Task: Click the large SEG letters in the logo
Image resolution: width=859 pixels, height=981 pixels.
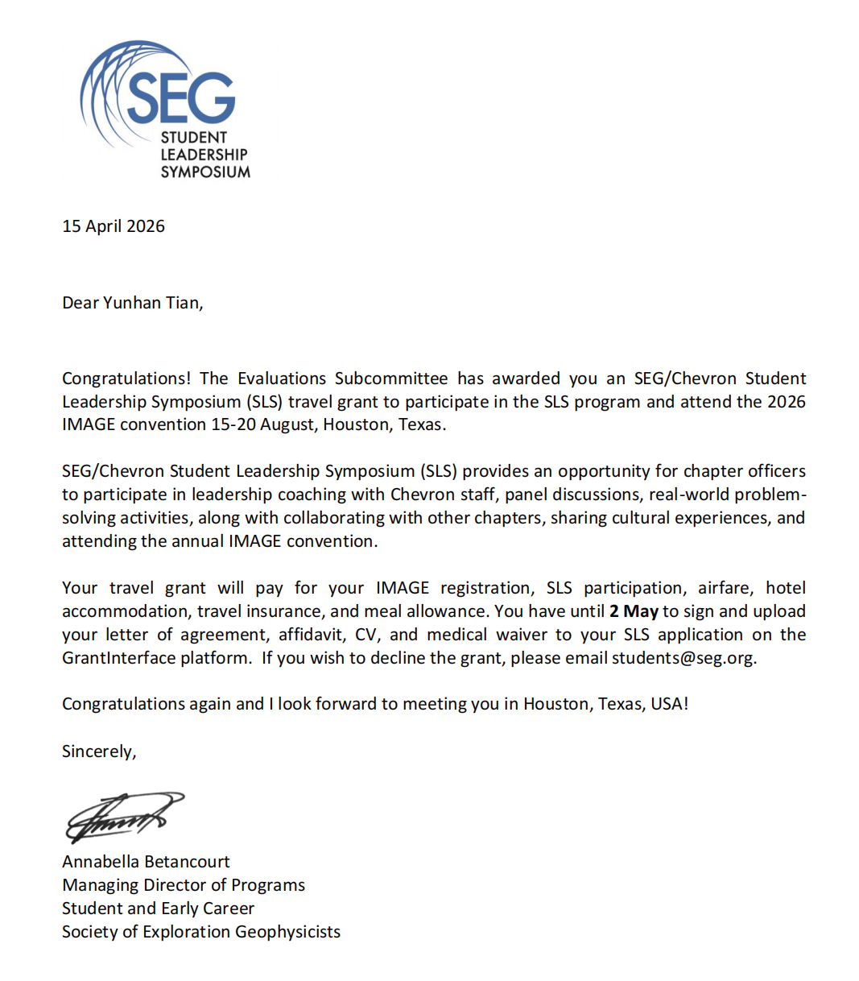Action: click(181, 97)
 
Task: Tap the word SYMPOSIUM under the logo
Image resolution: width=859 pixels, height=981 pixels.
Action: click(205, 172)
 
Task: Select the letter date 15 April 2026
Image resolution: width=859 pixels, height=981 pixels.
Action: click(114, 226)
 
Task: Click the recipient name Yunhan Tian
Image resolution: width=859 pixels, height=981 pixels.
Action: click(152, 303)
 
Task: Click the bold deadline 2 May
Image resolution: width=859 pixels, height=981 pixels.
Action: click(634, 611)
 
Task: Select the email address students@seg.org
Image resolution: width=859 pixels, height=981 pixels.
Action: click(683, 658)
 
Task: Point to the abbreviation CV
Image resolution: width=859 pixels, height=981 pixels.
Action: click(365, 635)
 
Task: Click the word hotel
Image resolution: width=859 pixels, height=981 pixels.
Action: click(785, 588)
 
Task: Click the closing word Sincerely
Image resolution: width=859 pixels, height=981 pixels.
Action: click(98, 751)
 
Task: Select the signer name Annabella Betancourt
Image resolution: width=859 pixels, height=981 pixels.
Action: click(146, 862)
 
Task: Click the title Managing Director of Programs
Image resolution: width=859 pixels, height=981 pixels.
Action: click(184, 885)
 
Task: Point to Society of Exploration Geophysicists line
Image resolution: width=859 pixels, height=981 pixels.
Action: click(201, 932)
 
